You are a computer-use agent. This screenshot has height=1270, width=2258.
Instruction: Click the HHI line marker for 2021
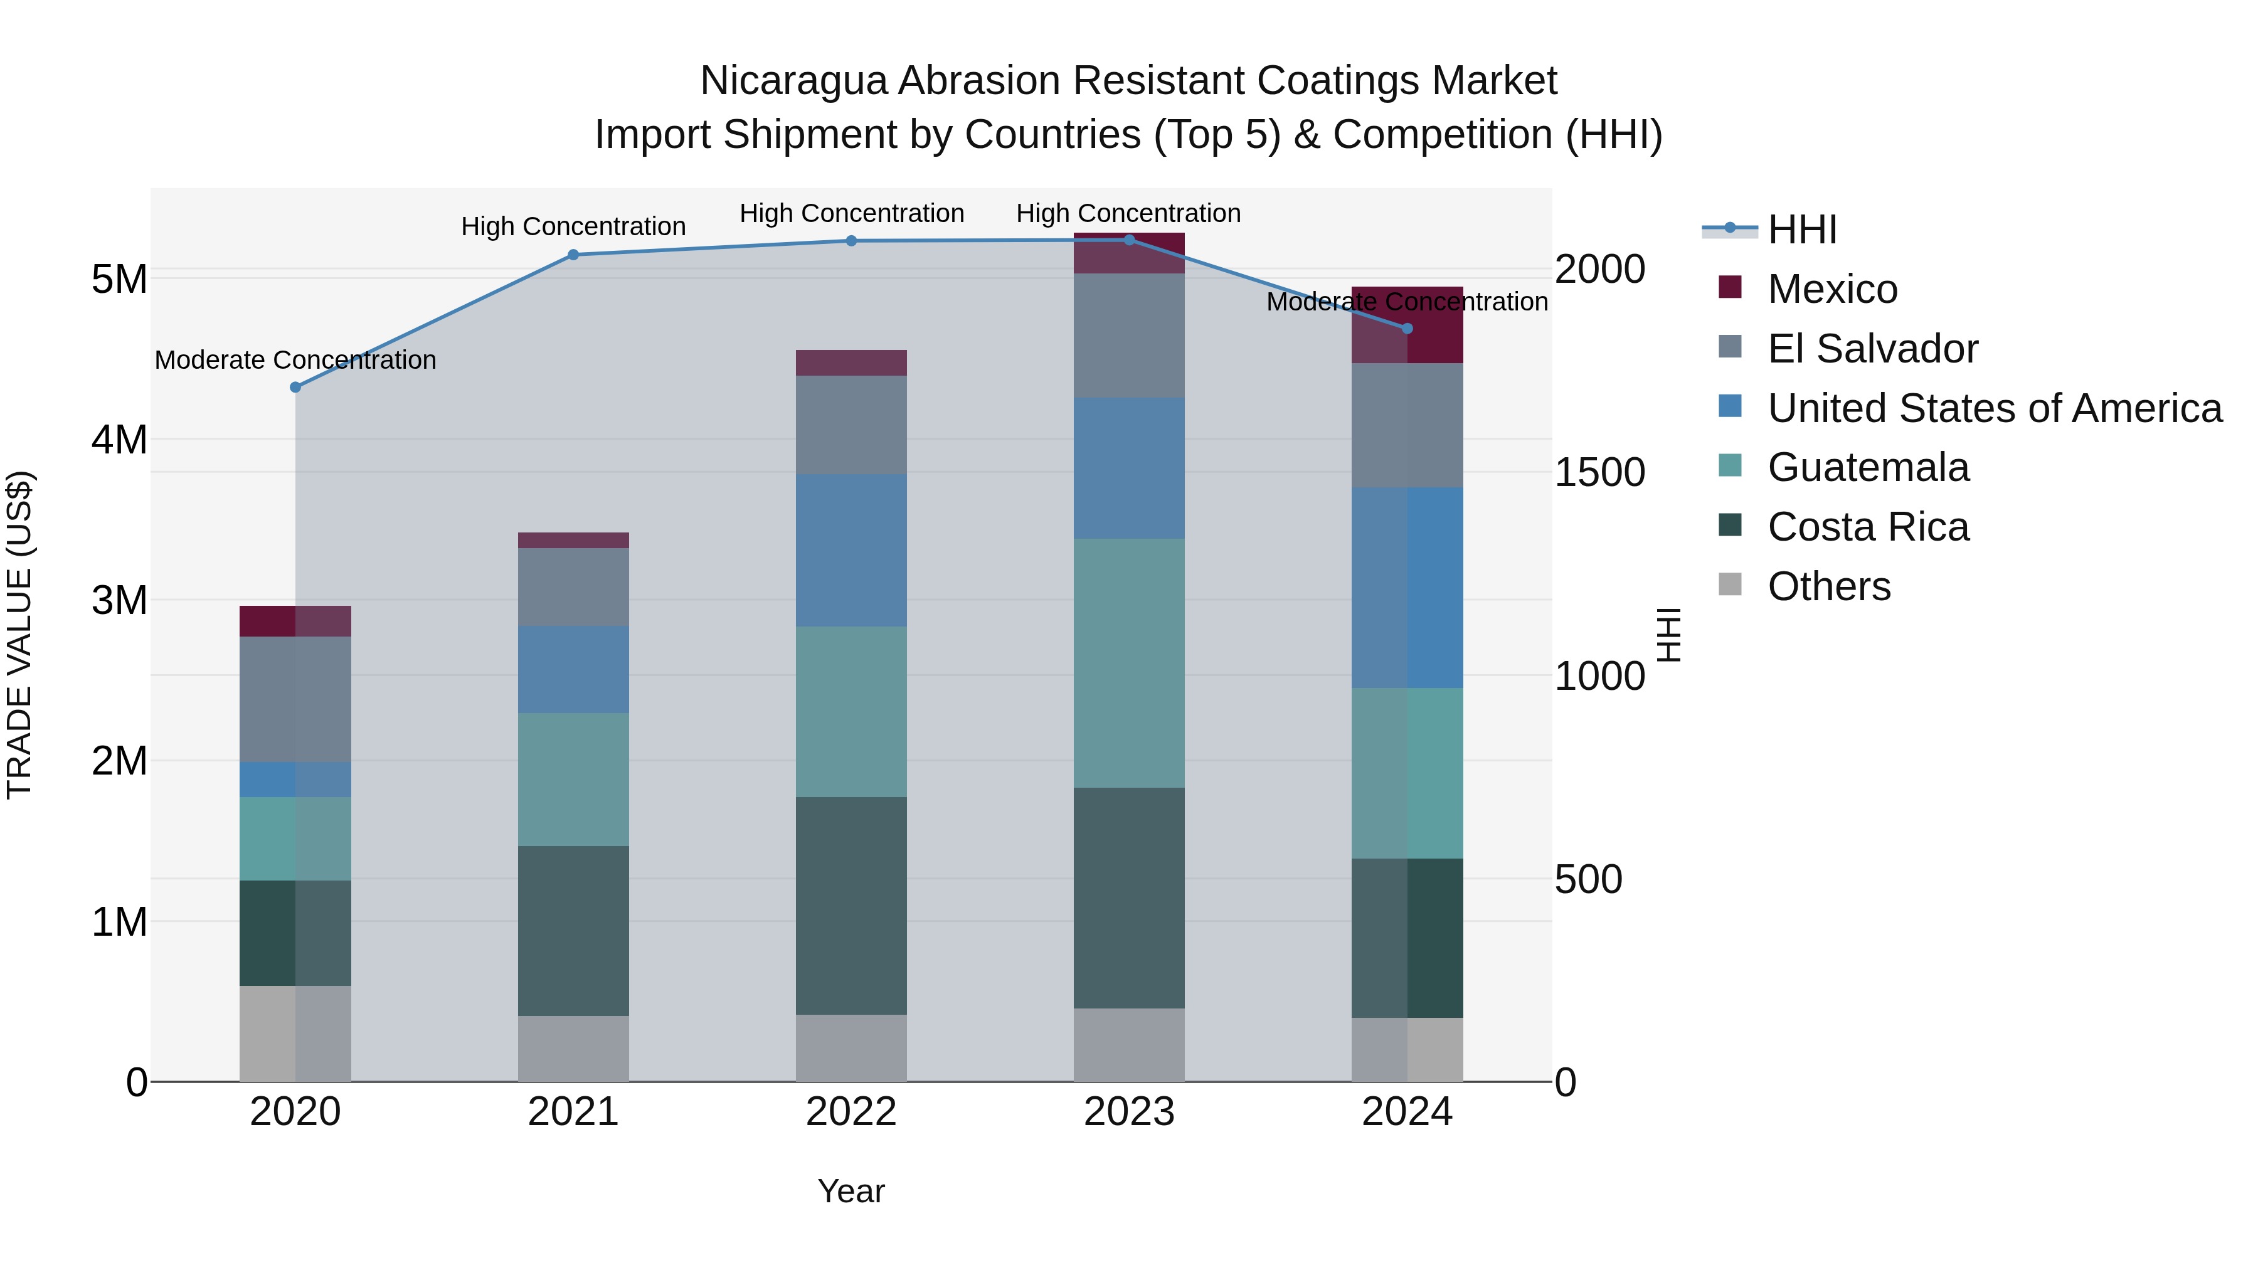click(x=573, y=255)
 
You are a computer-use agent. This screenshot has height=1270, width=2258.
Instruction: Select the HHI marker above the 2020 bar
click(x=295, y=388)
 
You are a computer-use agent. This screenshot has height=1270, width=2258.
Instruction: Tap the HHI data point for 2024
click(x=1407, y=329)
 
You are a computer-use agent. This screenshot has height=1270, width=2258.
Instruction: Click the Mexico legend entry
click(x=1832, y=289)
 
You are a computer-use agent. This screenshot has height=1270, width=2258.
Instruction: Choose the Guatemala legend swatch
click(x=1731, y=465)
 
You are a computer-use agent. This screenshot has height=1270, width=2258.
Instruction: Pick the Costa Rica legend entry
click(x=1867, y=527)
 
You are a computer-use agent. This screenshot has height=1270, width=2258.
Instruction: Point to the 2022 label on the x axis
click(x=851, y=1112)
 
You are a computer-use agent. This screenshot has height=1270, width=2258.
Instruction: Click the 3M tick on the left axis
click(x=119, y=601)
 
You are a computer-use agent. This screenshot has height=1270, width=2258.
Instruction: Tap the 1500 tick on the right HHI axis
click(x=1599, y=472)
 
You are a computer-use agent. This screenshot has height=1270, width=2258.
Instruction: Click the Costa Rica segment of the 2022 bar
click(x=851, y=906)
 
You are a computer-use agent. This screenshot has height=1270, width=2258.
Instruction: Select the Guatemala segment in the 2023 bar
click(x=1129, y=664)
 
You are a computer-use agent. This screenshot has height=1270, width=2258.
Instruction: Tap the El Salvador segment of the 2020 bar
click(x=295, y=699)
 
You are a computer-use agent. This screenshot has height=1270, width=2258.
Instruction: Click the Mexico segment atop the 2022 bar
click(x=851, y=363)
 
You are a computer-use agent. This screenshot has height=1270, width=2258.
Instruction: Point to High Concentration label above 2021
click(x=573, y=227)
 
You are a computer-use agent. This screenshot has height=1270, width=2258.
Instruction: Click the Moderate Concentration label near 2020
click(x=295, y=360)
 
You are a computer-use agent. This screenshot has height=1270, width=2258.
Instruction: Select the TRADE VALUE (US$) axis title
click(x=20, y=635)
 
